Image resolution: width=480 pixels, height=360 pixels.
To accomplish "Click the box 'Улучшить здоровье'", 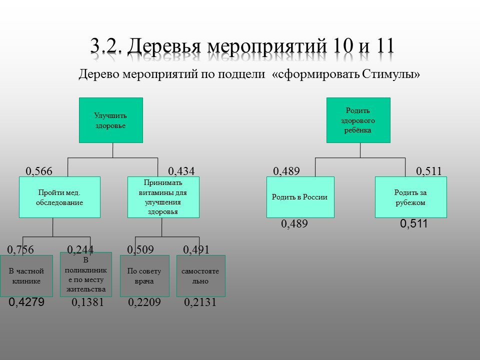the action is point(111,120).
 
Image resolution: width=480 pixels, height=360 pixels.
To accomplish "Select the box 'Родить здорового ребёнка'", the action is point(358,120).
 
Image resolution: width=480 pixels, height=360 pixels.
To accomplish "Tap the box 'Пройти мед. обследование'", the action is point(59,197).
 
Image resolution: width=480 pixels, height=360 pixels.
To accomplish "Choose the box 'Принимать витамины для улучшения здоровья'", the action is point(163,197).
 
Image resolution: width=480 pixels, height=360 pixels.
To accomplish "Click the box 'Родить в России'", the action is point(300,197).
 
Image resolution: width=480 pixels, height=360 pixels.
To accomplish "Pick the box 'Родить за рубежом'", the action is point(411,197).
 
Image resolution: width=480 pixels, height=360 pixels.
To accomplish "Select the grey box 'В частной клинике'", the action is point(26,276).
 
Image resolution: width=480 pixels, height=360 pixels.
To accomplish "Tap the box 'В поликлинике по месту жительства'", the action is point(86,274).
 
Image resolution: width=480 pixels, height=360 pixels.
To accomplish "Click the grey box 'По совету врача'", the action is point(144,276).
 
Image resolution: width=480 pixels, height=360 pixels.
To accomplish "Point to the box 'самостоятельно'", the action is point(201,276).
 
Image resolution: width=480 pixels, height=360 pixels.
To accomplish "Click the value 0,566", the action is point(39,171).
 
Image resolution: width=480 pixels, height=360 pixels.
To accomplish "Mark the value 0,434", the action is point(181,171).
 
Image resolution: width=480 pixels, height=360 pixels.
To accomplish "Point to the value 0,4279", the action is point(26,302).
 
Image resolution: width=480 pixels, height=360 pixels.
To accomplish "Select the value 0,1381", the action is point(87,302).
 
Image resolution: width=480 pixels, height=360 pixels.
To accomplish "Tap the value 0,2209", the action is point(144,302).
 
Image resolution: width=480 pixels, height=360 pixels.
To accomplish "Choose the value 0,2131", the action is point(200,302).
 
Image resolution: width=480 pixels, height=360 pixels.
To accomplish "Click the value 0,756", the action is point(20,250).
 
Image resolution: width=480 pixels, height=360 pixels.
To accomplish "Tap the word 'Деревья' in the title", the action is point(164,46).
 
